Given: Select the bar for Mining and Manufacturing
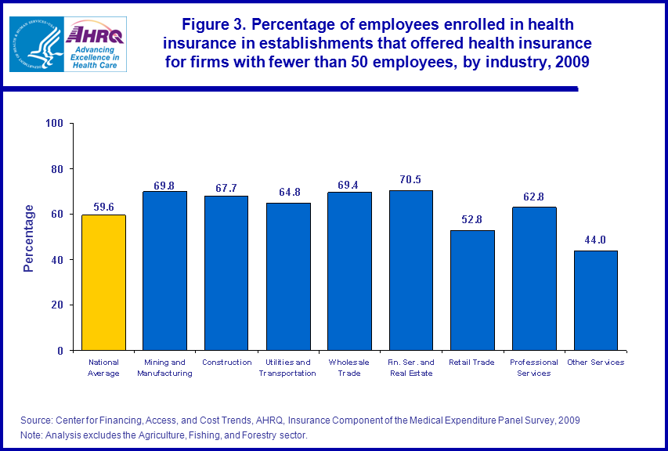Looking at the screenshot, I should pos(164,270).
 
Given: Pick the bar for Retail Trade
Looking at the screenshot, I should pos(472,290).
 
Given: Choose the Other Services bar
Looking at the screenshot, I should pos(595,300).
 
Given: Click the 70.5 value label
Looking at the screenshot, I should pos(410,179).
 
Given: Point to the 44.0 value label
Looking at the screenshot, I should pos(595,240).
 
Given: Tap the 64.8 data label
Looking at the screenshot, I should pos(287,193).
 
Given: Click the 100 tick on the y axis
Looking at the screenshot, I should pos(54,124).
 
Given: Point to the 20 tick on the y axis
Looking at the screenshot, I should pos(57,305).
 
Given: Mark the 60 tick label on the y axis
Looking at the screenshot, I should pos(57,215).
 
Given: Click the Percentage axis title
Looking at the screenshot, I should pos(29,238).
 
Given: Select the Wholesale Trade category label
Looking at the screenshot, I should pos(349,367).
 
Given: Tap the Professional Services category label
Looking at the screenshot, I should pos(534,367).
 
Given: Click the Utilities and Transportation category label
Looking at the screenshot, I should pos(287,367).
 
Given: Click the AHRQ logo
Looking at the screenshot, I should pos(95,43).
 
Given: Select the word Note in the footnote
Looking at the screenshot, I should pos(31,435).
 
